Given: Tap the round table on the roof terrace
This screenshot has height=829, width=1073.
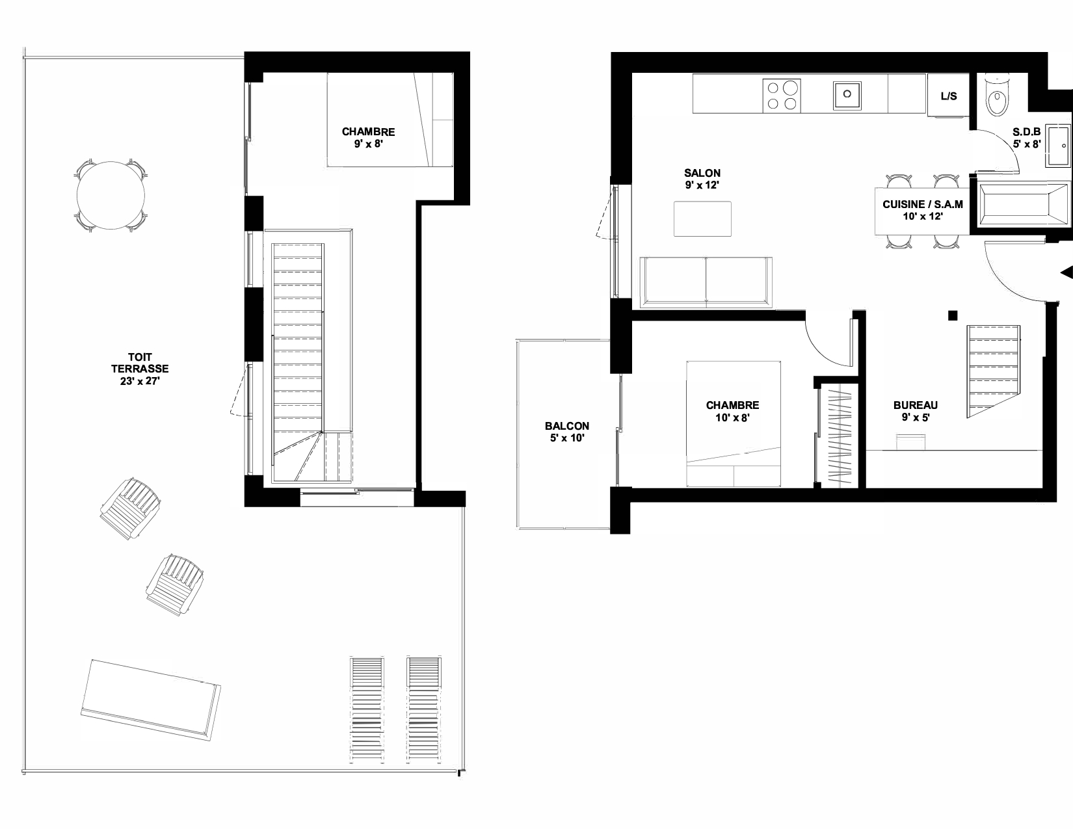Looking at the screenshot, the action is (x=111, y=196).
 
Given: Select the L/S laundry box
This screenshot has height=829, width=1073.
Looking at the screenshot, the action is (x=948, y=96).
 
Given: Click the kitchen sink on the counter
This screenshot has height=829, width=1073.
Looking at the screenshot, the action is (x=847, y=96).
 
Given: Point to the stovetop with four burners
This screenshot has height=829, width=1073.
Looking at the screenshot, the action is (x=782, y=96).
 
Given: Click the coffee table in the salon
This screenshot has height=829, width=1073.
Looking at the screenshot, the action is (x=703, y=218).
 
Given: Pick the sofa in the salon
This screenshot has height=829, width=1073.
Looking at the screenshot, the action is (x=706, y=282).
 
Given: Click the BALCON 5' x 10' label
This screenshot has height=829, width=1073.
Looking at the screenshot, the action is (x=567, y=432).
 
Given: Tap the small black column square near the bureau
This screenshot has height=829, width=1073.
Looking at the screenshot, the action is (x=953, y=315).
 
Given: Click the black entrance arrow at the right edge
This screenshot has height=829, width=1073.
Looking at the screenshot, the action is (x=1067, y=272).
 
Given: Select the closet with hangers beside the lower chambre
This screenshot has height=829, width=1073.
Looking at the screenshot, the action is (x=840, y=436).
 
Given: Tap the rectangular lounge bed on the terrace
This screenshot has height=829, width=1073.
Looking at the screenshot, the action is (x=151, y=700).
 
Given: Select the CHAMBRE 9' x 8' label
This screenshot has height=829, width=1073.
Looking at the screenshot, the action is (x=368, y=138).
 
